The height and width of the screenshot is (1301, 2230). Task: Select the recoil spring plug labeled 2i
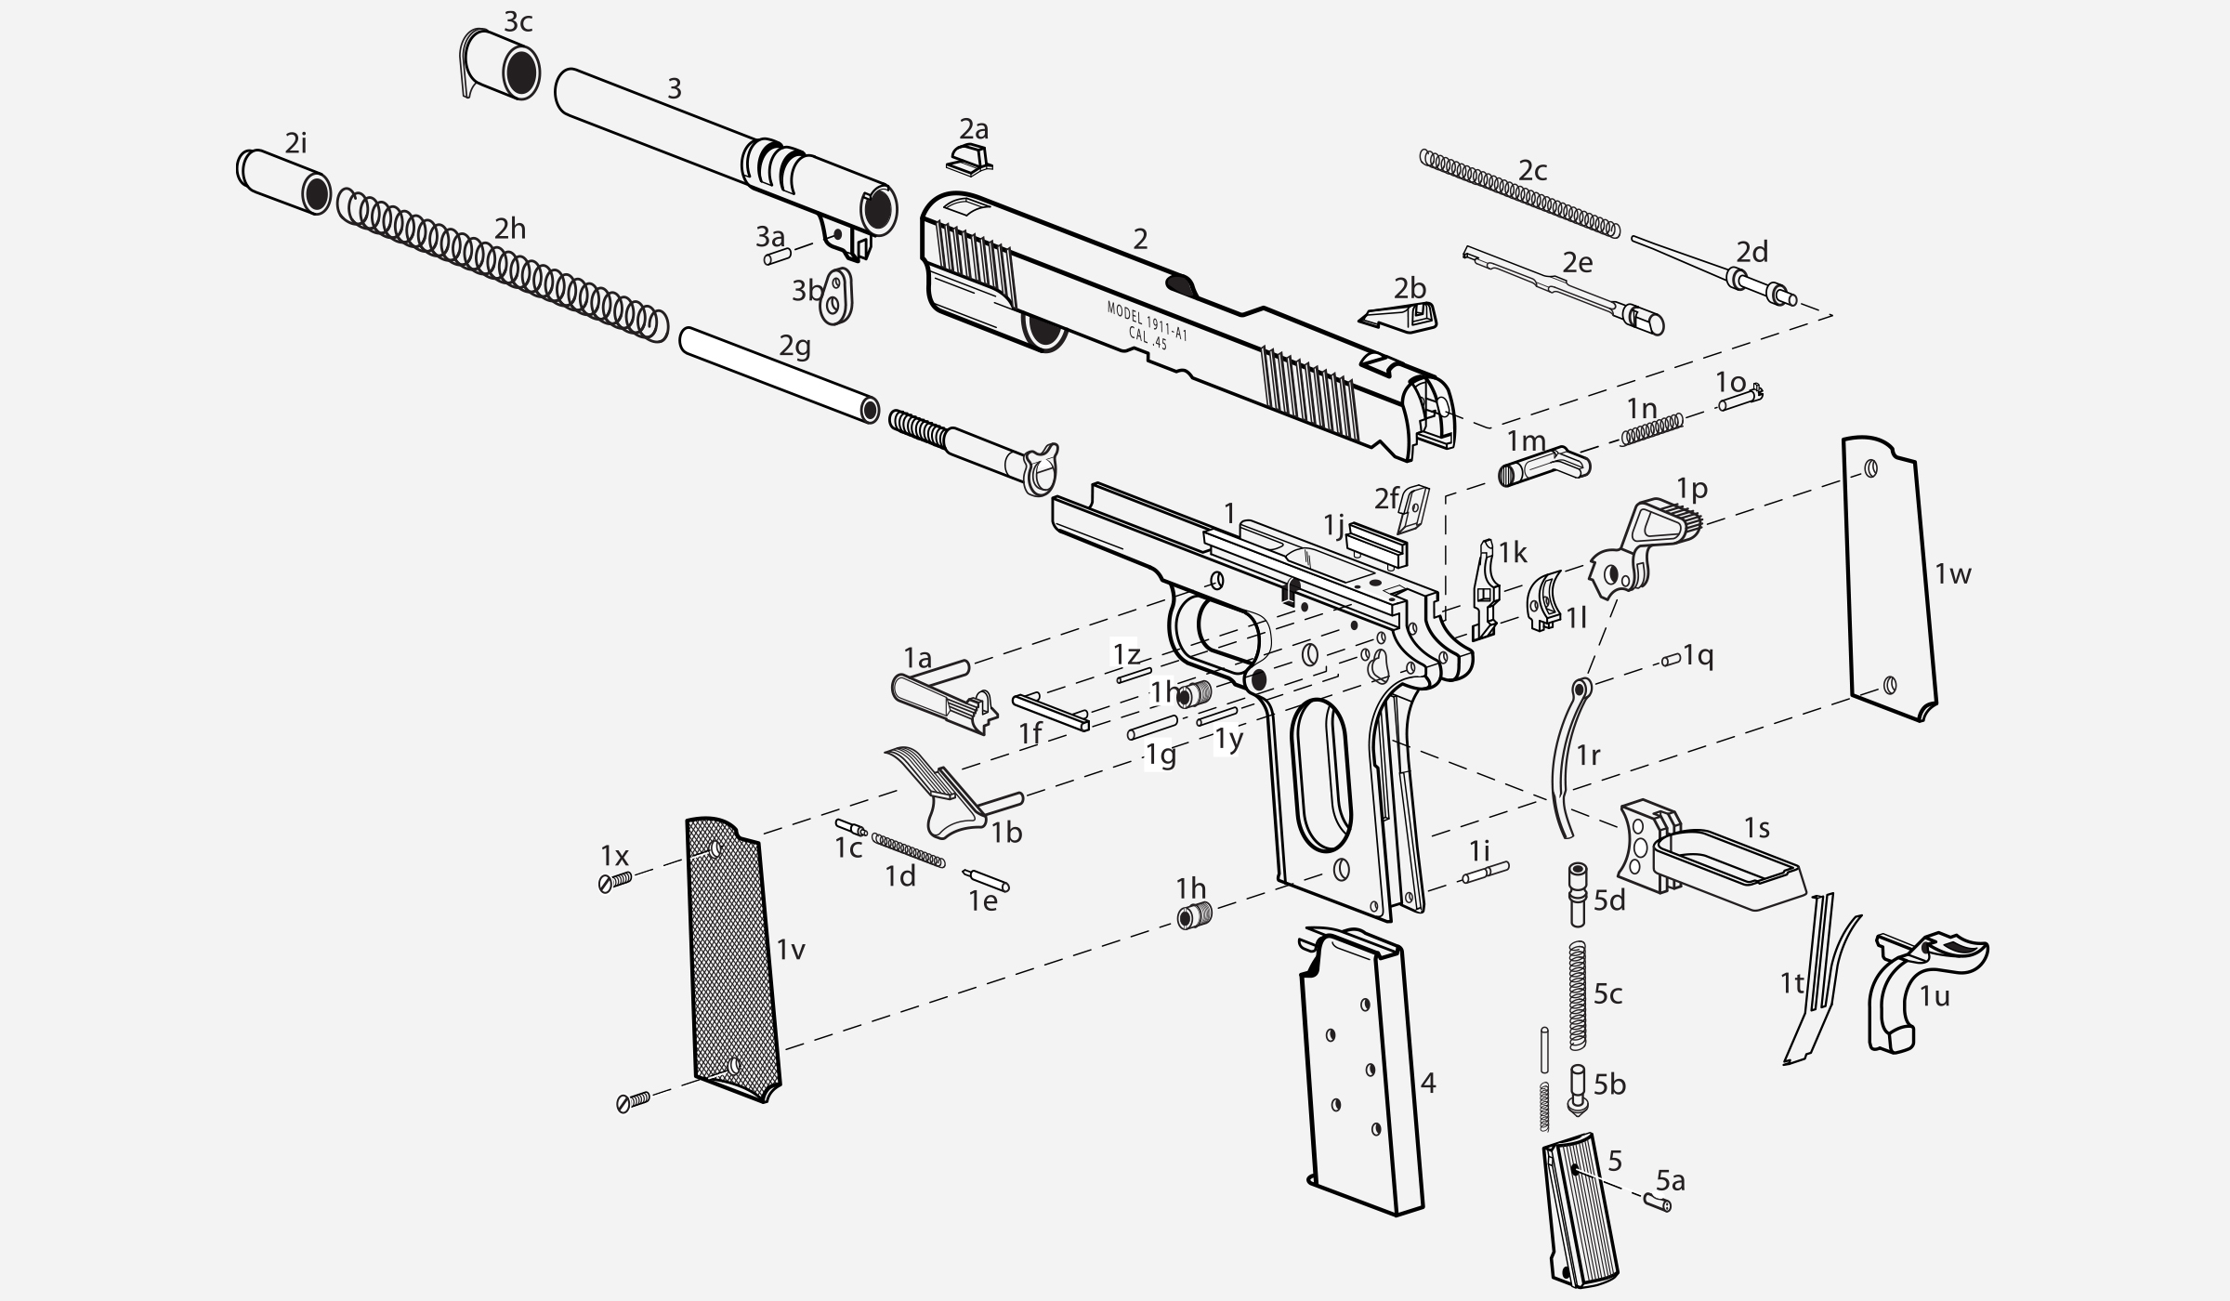(283, 182)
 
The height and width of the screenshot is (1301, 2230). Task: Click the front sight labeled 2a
(969, 157)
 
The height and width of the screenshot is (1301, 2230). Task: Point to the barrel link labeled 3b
(838, 296)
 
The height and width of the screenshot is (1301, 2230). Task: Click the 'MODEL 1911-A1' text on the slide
(1147, 321)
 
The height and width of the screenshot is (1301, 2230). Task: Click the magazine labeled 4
(1362, 1069)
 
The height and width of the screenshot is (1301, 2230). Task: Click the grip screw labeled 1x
(615, 881)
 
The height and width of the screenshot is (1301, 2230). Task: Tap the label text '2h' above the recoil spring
(509, 229)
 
